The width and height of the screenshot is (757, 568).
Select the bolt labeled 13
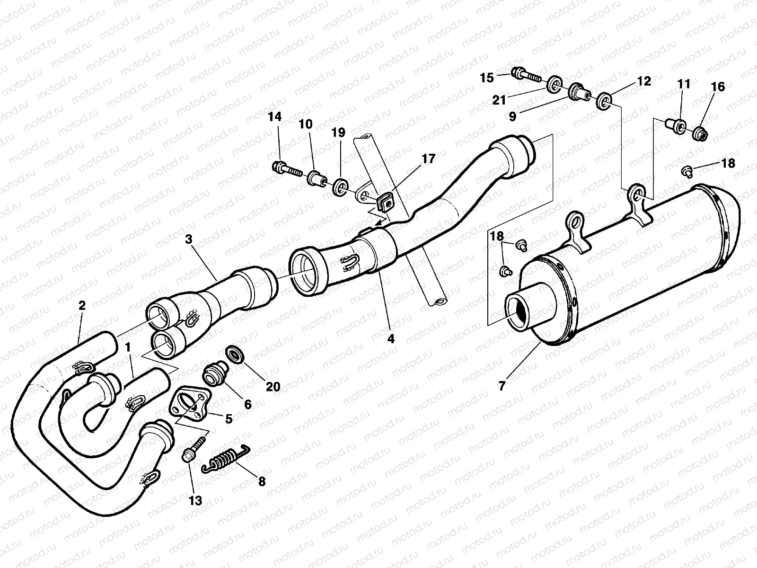pos(188,455)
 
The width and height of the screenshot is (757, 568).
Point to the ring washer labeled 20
pos(235,354)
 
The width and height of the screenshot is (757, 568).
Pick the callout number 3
pos(189,239)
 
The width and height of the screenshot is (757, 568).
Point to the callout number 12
pos(643,81)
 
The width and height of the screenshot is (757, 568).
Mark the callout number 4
pos(390,338)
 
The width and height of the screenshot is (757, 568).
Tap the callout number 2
pos(82,305)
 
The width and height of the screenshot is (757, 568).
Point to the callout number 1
pos(127,347)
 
